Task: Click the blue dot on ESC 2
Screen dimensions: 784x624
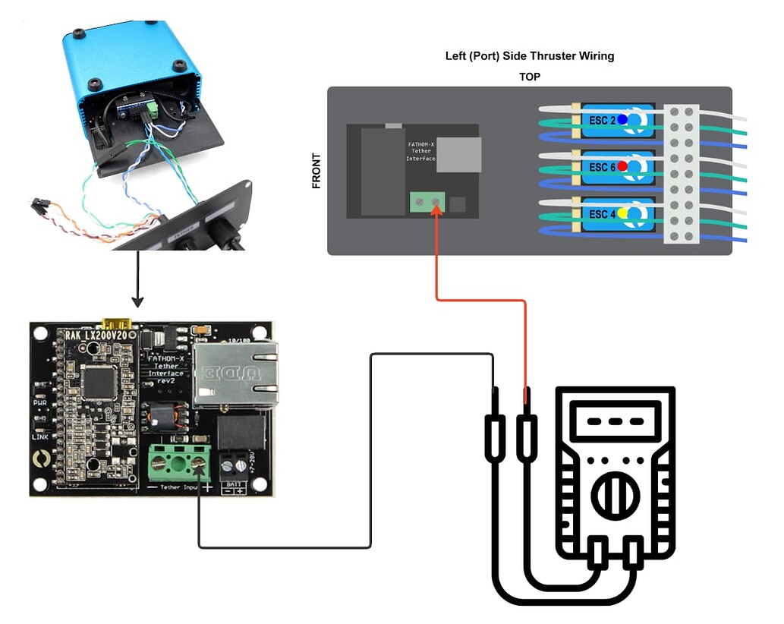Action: pyautogui.click(x=622, y=119)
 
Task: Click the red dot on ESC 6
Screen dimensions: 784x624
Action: pyautogui.click(x=622, y=165)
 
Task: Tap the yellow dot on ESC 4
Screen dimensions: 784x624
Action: pyautogui.click(x=622, y=213)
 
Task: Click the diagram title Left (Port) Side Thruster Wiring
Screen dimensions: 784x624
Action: pyautogui.click(x=530, y=57)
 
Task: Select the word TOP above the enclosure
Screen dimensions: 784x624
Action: pyautogui.click(x=530, y=77)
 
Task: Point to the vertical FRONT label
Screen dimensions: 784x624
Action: pyautogui.click(x=316, y=171)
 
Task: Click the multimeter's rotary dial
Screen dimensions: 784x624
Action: pyautogui.click(x=615, y=497)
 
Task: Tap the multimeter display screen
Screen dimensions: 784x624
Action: pyautogui.click(x=615, y=421)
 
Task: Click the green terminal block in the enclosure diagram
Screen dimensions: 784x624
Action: pyautogui.click(x=427, y=203)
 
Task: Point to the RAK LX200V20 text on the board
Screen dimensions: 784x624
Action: pyautogui.click(x=96, y=335)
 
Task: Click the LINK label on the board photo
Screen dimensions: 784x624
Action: pyautogui.click(x=39, y=437)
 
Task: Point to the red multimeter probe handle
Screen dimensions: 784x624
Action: pyautogui.click(x=526, y=440)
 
